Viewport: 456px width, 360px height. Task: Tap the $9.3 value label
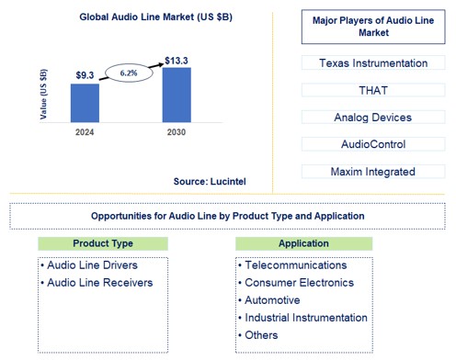84,75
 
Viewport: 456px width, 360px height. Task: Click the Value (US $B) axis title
42,92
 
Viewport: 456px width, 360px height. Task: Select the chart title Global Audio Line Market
131,17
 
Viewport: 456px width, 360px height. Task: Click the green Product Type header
103,243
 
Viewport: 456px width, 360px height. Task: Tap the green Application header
303,243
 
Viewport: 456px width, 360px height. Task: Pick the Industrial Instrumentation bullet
305,317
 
